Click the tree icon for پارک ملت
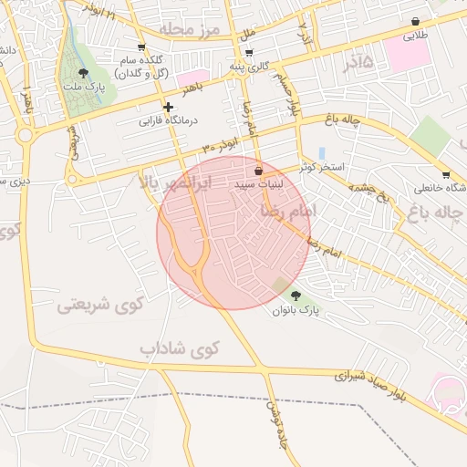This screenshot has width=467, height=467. tap(83, 71)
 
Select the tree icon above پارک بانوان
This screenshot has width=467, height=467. tap(295, 295)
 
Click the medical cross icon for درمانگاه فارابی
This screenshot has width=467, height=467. tap(168, 107)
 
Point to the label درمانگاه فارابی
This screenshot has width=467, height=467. tap(169, 120)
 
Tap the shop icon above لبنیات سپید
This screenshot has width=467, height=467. tap(258, 171)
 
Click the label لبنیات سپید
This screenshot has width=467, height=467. tap(259, 184)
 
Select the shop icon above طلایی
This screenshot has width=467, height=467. tap(416, 22)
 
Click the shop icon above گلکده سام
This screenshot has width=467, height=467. tap(140, 47)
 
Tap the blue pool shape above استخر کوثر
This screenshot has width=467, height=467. tap(321, 151)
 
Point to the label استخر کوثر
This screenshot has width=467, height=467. tap(321, 167)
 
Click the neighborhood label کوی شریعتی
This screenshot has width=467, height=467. tap(101, 305)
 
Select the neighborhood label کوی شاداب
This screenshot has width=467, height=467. tap(181, 348)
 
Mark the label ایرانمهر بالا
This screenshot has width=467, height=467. tap(175, 183)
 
